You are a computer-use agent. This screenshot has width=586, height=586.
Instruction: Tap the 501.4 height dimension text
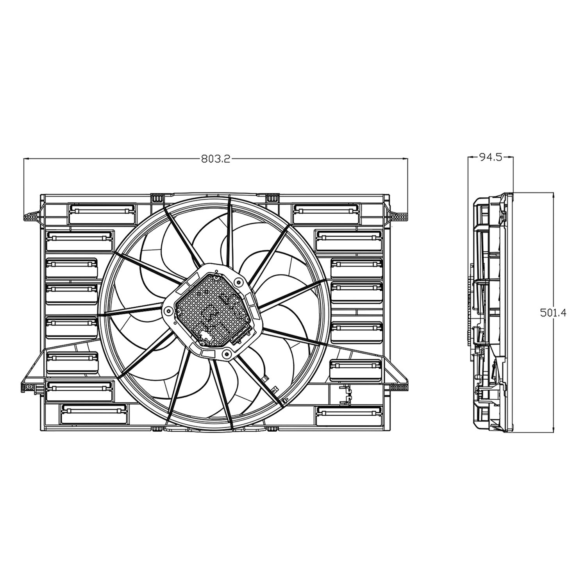553,312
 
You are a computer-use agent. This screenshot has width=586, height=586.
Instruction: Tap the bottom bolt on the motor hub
226,354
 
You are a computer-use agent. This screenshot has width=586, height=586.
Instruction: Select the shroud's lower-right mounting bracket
398,385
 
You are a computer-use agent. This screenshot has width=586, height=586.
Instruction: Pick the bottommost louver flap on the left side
94,414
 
